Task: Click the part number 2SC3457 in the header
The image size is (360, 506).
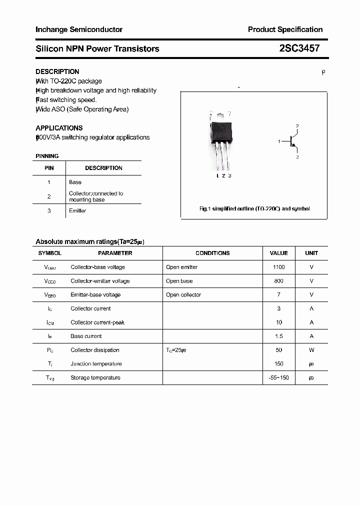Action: tap(299, 48)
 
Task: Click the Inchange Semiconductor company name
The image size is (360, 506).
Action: tap(79, 29)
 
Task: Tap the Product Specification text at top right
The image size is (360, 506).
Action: tap(285, 29)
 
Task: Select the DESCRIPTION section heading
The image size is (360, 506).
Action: tap(57, 71)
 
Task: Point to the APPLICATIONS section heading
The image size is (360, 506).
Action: tap(59, 128)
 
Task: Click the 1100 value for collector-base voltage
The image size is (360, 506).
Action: tap(278, 267)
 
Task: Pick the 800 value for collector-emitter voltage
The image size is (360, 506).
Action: tap(278, 281)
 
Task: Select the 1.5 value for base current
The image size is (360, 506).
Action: tap(278, 336)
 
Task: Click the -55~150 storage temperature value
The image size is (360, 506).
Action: tap(278, 378)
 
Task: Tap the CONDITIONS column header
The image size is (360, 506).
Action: tap(212, 253)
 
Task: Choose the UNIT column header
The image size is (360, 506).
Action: tap(311, 253)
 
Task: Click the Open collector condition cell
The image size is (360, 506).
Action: tap(183, 295)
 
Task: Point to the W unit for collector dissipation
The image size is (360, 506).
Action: tap(311, 350)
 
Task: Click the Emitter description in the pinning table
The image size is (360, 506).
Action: tap(77, 211)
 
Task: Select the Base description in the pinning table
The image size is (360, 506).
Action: tap(75, 182)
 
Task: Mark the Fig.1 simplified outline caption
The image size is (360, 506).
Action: tap(254, 208)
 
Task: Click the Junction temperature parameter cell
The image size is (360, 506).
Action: tap(96, 364)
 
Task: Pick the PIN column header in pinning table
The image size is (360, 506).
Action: tap(49, 168)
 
